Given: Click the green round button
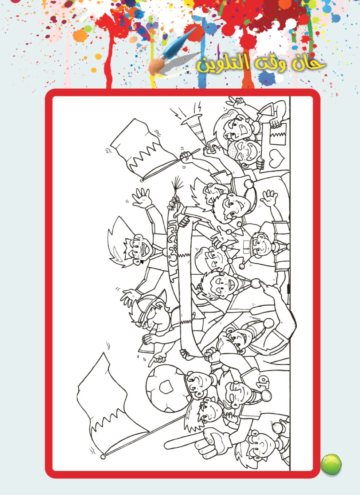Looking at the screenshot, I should pos(331,464).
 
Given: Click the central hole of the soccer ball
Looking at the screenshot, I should pos(167,385).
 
